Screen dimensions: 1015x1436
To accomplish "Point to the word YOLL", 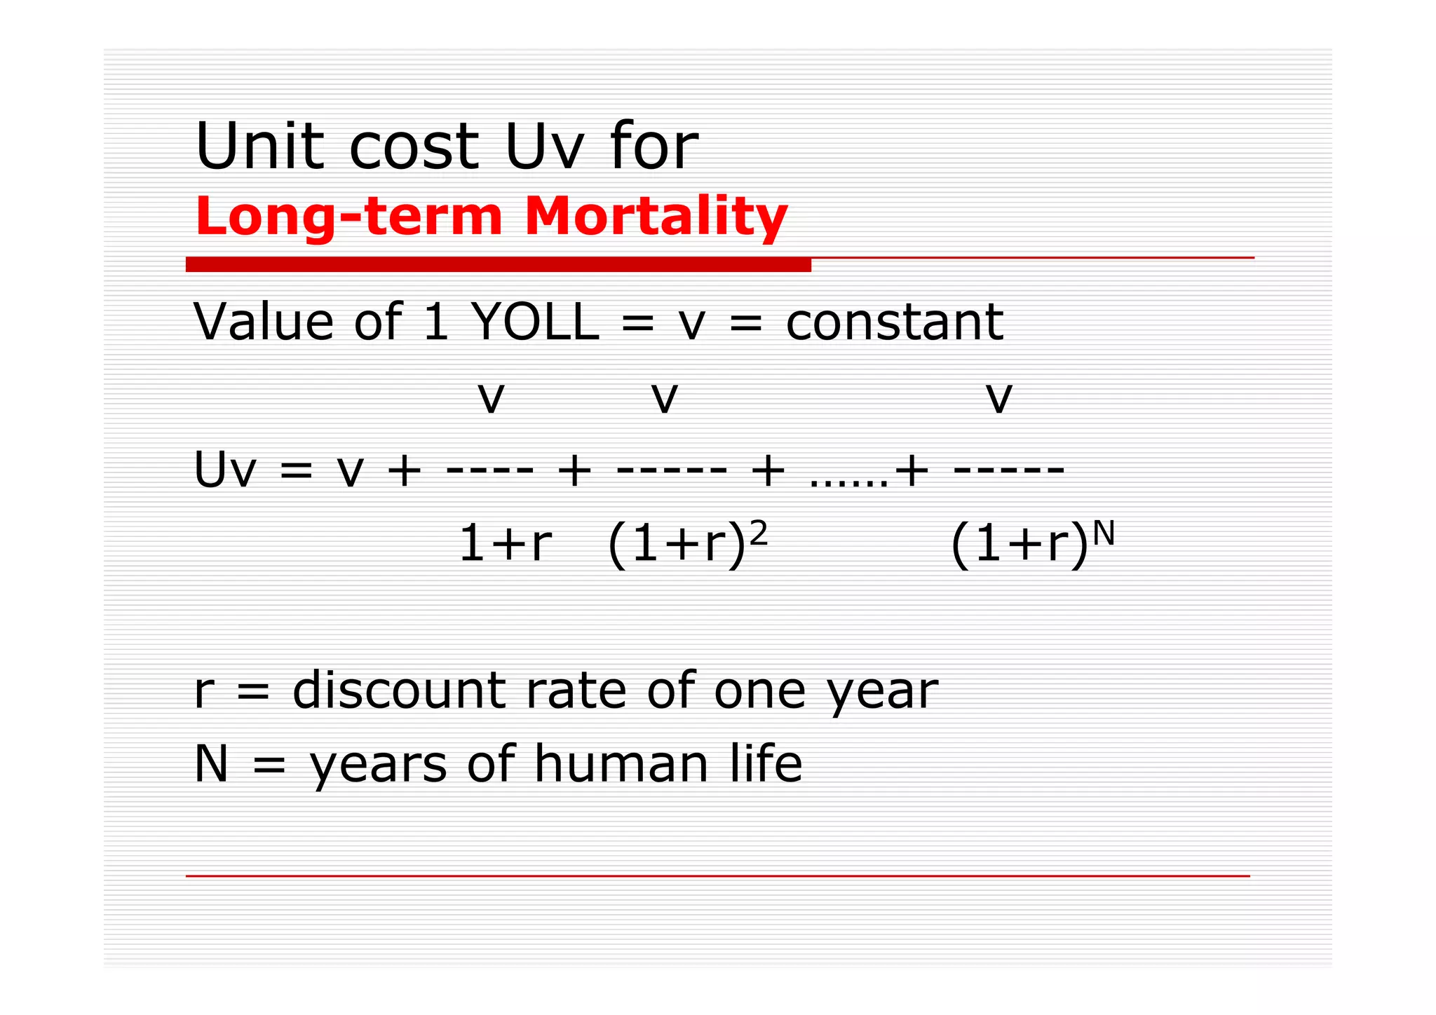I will pyautogui.click(x=535, y=322).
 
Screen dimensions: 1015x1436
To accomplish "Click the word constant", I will pyautogui.click(x=894, y=322).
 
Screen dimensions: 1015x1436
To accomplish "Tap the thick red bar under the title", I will pyautogui.click(x=498, y=265).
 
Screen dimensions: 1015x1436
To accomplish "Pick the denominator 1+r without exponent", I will pyautogui.click(x=505, y=544).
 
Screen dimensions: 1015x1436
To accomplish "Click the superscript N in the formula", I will pyautogui.click(x=1103, y=534).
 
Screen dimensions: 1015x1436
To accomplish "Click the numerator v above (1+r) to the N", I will pyautogui.click(x=998, y=397).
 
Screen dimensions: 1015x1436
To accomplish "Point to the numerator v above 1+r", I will pyautogui.click(x=491, y=397).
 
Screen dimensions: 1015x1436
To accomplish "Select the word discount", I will pyautogui.click(x=398, y=690).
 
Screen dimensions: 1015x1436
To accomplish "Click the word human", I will pyautogui.click(x=621, y=763).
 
